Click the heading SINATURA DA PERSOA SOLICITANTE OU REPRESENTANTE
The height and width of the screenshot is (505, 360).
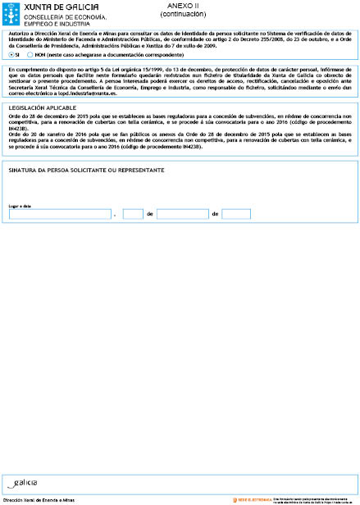tap(86, 170)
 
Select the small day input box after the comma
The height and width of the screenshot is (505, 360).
tap(133, 214)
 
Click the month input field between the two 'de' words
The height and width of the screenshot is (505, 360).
tap(182, 214)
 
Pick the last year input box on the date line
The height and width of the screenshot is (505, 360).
tap(236, 214)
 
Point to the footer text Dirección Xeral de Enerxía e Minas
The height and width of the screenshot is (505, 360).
tap(39, 498)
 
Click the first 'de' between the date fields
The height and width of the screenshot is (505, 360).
tap(150, 214)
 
